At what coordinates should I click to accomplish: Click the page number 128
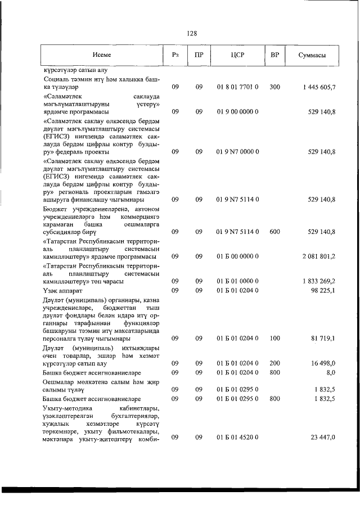click(x=192, y=33)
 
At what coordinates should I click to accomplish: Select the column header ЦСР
click(x=237, y=55)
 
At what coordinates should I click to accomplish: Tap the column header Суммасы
click(x=311, y=55)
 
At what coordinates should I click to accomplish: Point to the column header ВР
click(x=274, y=55)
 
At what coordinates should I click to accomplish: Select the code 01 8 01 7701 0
click(x=237, y=87)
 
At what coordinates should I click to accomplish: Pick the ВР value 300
click(x=274, y=87)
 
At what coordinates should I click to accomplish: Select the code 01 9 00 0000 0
click(x=237, y=112)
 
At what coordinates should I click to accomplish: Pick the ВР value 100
click(x=274, y=339)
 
